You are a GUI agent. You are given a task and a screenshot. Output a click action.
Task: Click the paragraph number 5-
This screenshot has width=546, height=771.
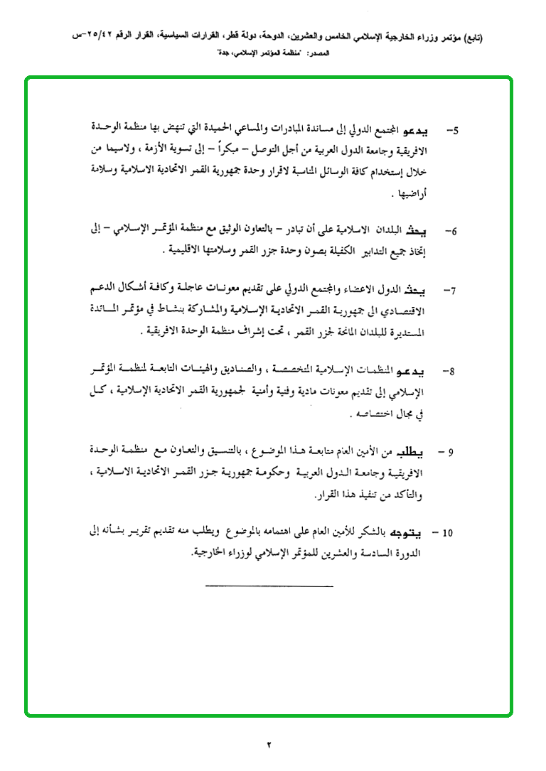[x=452, y=131]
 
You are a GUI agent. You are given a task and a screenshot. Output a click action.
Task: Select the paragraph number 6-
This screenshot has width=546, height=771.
[x=452, y=232]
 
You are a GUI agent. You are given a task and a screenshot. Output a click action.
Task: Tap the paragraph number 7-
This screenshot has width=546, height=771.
[x=452, y=291]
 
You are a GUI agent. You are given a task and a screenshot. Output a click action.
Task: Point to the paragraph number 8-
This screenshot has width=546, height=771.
[x=452, y=372]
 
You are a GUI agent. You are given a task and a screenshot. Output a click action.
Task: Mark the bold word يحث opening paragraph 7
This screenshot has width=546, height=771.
[x=424, y=291]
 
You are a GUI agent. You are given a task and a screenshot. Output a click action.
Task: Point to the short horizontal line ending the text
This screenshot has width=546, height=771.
[x=269, y=586]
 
